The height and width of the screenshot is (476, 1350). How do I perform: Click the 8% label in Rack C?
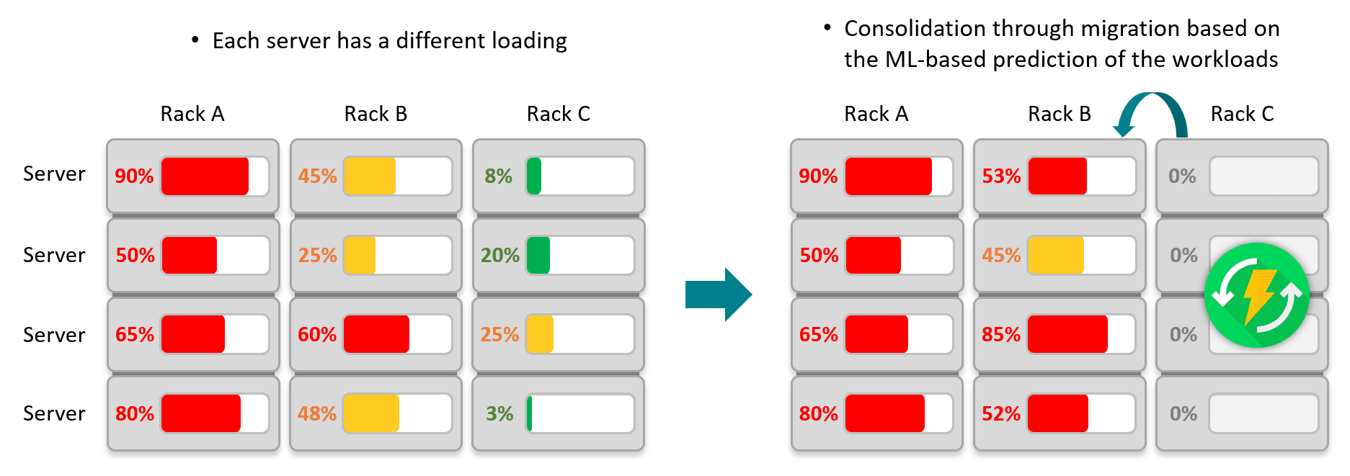498,176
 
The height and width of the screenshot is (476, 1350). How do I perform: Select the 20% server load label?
499,255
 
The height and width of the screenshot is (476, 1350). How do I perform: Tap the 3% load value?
499,413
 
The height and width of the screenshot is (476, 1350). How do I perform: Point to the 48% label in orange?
317,413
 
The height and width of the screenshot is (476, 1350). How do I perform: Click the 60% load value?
317,334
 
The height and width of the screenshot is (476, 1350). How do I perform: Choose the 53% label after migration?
1001,176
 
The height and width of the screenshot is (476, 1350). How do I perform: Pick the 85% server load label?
1001,334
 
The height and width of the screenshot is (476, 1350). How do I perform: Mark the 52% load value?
1001,413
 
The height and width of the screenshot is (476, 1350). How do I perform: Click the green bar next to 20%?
538,255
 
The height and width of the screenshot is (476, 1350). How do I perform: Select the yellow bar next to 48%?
371,413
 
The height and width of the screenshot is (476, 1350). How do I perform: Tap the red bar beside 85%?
1067,334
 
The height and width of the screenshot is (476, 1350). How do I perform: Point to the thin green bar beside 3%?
530,413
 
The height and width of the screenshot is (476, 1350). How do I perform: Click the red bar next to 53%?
1057,176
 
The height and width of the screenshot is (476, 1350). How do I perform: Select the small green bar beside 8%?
534,176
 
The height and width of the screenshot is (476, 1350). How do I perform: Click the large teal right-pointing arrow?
719,294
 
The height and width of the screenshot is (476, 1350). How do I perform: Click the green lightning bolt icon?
1257,295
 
